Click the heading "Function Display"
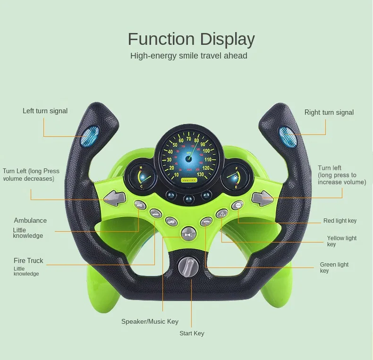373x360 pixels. point(191,39)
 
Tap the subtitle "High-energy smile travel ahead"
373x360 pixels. point(188,56)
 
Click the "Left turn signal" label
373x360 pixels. point(45,111)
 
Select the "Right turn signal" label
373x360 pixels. point(329,112)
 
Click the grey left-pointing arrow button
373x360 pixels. point(115,197)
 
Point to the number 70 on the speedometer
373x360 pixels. point(189,139)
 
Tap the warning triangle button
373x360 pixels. point(222,214)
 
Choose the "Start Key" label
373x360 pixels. point(192,333)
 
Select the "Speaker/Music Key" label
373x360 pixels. point(150,321)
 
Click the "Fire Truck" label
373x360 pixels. point(28,260)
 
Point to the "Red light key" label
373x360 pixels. point(339,221)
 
